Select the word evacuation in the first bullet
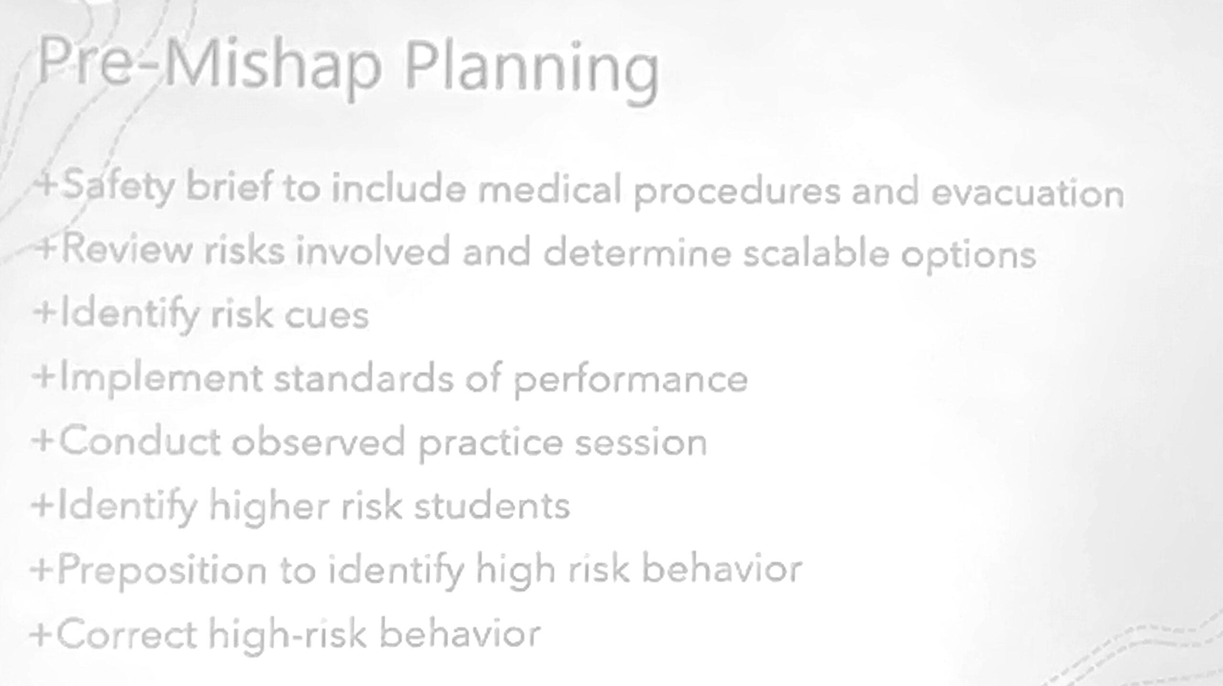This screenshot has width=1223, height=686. [1027, 193]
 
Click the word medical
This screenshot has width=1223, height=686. [549, 188]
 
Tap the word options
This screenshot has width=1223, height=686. [968, 256]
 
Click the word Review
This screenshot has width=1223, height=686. [126, 248]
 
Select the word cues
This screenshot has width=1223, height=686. [327, 315]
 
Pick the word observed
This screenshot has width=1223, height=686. [319, 441]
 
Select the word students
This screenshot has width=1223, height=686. [492, 505]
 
